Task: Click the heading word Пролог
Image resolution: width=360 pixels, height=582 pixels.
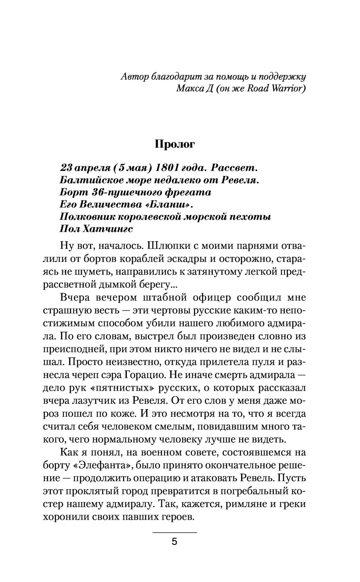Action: click(175, 144)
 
